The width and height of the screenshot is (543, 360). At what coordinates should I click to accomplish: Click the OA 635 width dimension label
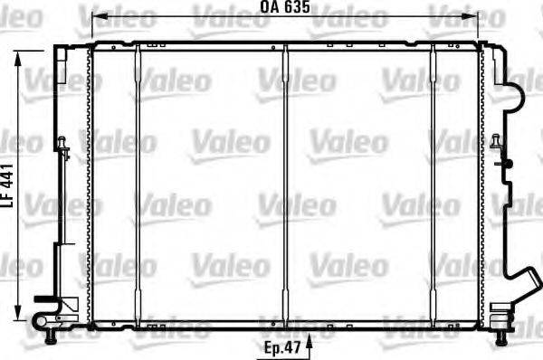[285, 7]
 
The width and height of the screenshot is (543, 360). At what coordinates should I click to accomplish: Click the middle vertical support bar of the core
[285, 181]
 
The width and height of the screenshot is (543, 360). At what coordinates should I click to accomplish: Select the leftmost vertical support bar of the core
[138, 181]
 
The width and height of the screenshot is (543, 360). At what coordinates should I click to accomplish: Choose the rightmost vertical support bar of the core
[433, 181]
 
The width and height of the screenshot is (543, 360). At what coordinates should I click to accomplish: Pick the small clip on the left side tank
[62, 146]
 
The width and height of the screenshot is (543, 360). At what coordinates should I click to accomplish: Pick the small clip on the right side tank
[497, 143]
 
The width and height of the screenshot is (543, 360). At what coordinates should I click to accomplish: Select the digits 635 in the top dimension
[298, 7]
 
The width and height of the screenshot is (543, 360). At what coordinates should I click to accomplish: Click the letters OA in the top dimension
[269, 7]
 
